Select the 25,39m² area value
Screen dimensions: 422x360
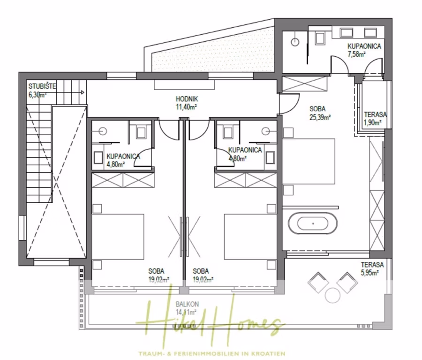(320, 117)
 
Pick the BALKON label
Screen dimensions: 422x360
(187, 305)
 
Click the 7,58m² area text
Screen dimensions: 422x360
(356, 54)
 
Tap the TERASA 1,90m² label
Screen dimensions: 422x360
(376, 119)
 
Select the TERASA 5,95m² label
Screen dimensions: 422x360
(372, 268)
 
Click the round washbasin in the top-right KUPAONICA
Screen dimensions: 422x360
(295, 42)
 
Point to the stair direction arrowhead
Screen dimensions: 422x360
(83, 92)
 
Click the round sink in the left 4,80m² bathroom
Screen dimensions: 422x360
(103, 131)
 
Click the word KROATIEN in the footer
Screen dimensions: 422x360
(269, 353)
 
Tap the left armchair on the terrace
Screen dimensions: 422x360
(318, 282)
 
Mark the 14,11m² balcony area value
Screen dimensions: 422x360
(186, 312)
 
